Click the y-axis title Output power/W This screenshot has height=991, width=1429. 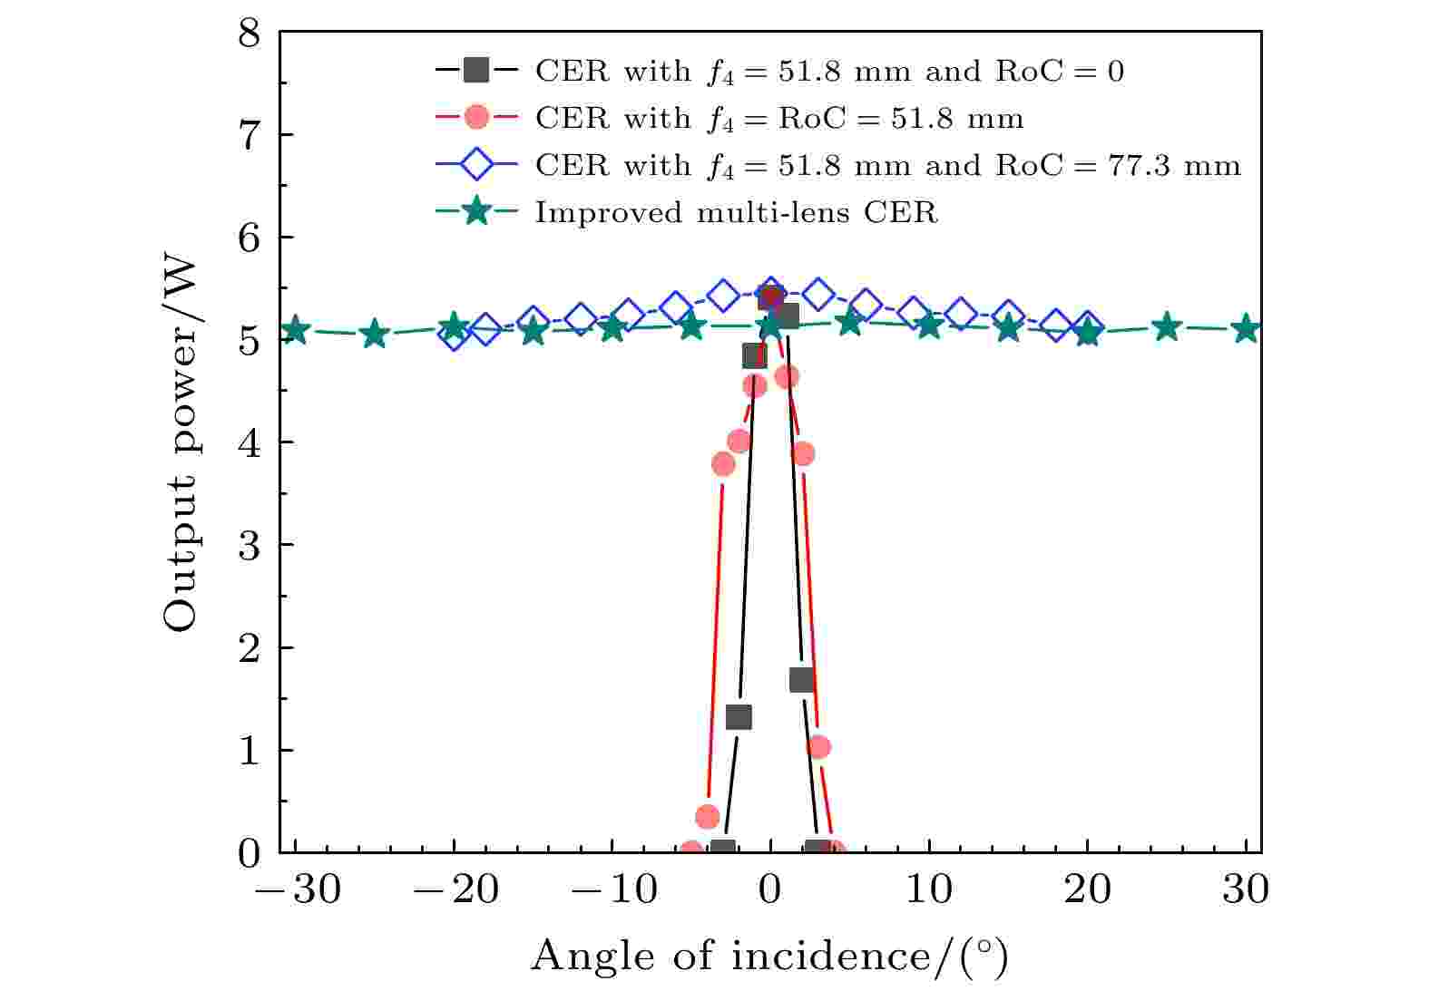click(x=181, y=443)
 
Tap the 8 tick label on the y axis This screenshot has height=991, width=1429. click(x=249, y=34)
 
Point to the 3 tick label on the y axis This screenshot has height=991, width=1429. click(x=249, y=545)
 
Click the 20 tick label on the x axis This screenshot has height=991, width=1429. click(x=1087, y=889)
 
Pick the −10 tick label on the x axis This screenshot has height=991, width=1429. click(x=614, y=889)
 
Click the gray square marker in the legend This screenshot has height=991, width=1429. click(x=475, y=71)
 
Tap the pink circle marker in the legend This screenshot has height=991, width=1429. click(x=475, y=118)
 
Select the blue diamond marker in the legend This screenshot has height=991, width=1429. click(x=475, y=165)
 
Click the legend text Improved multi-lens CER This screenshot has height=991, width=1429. click(x=736, y=212)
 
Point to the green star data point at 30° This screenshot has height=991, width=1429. click(x=1247, y=328)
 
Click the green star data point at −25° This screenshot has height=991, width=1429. click(x=374, y=335)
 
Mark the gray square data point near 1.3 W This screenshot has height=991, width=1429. click(x=739, y=717)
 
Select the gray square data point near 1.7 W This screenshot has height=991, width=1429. click(x=801, y=680)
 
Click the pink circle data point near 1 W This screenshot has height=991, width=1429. click(x=818, y=747)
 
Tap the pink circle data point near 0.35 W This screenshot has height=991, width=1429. click(x=708, y=816)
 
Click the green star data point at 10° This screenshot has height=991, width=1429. click(x=929, y=325)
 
